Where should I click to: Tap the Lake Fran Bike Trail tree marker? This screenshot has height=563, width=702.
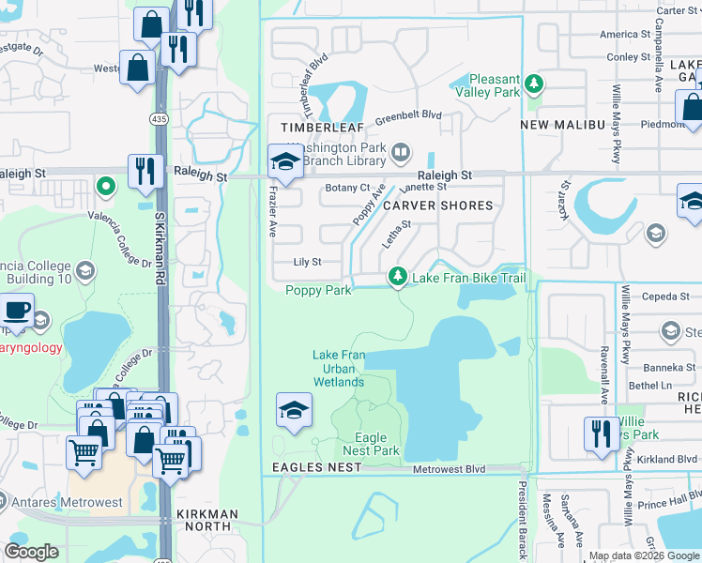point(398,277)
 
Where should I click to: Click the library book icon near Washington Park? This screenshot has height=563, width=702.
point(401,152)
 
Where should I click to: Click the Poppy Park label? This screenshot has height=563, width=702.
point(318,291)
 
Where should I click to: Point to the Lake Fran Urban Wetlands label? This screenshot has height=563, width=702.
point(339,368)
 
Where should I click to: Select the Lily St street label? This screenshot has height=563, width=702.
point(308,263)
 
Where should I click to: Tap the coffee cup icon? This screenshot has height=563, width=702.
point(16,311)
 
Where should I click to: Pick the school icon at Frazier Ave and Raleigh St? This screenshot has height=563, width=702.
point(284,160)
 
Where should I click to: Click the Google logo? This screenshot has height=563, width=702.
point(32,553)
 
